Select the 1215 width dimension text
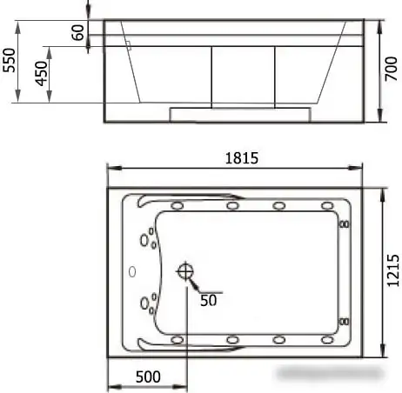(x=393, y=270)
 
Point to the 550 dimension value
(x=10, y=59)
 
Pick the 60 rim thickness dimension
(x=77, y=33)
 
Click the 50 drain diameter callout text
(x=209, y=300)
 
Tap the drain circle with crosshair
(x=185, y=272)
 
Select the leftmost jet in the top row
(x=178, y=206)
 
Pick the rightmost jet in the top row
(x=327, y=206)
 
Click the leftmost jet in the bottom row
(x=178, y=339)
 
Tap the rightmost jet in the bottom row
(x=327, y=339)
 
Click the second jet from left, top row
(x=232, y=206)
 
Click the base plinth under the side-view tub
(x=240, y=113)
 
